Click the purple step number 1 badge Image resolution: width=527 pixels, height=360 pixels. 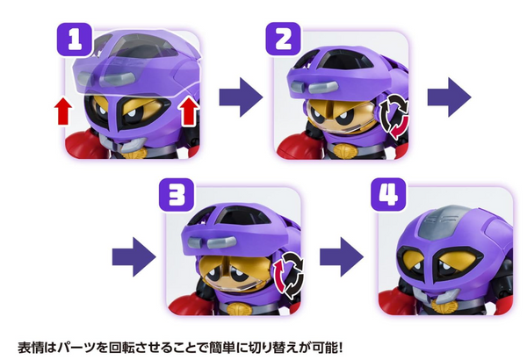point(75,40)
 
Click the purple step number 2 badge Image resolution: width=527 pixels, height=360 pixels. point(284,39)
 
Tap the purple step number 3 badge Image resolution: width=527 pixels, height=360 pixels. point(177,195)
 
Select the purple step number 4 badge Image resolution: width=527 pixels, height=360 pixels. point(388,194)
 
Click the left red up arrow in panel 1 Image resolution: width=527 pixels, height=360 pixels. point(63,112)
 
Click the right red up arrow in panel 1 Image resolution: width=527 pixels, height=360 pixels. point(189,112)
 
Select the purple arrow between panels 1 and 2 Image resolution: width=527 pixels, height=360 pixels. point(241,97)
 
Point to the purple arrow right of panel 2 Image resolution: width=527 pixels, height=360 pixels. point(449,97)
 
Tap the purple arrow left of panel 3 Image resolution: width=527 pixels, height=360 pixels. point(134,257)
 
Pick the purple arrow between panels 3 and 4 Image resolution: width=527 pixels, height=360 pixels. point(342,257)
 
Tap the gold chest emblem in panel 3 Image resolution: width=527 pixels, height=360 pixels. point(238,308)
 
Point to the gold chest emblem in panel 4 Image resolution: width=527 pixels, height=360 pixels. point(444,306)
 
